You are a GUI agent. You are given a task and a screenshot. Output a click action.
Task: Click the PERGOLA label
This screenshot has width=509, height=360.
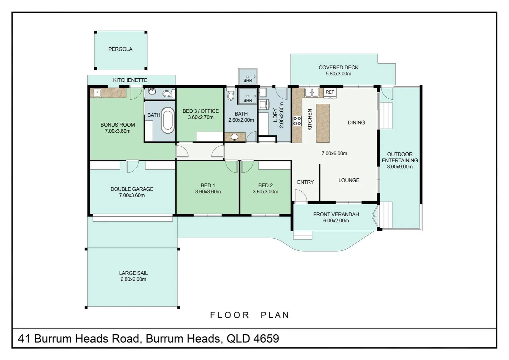[120, 49]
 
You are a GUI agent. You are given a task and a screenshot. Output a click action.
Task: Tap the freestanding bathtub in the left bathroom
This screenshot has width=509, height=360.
[168, 120]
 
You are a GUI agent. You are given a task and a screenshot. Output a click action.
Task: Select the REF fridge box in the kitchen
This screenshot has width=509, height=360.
[330, 92]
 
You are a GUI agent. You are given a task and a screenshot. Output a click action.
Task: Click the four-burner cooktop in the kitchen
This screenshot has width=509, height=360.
[297, 121]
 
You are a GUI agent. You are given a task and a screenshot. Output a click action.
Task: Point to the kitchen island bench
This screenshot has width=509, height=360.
[322, 123]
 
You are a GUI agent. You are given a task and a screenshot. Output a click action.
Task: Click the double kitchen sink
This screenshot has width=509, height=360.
[311, 92]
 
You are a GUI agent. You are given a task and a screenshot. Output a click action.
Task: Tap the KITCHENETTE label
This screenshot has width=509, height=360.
[130, 80]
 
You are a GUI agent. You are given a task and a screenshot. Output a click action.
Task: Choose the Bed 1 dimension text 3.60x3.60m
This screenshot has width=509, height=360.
[208, 192]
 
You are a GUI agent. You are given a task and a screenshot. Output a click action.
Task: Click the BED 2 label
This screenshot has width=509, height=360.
[265, 185]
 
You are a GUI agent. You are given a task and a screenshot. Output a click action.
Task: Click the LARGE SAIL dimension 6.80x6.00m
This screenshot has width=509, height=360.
[133, 279]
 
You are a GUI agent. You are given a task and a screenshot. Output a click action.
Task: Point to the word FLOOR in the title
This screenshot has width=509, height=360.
[230, 315]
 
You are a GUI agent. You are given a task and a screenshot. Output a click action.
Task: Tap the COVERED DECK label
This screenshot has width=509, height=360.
[338, 67]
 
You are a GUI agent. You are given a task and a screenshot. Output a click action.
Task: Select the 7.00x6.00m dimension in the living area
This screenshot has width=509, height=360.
[334, 153]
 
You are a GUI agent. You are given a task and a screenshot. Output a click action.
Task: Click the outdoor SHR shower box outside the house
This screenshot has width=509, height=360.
[248, 76]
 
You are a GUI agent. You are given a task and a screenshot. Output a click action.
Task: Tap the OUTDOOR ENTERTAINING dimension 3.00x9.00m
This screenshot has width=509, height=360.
[400, 167]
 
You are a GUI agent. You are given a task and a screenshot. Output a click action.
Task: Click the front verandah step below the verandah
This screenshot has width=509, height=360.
[302, 235]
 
